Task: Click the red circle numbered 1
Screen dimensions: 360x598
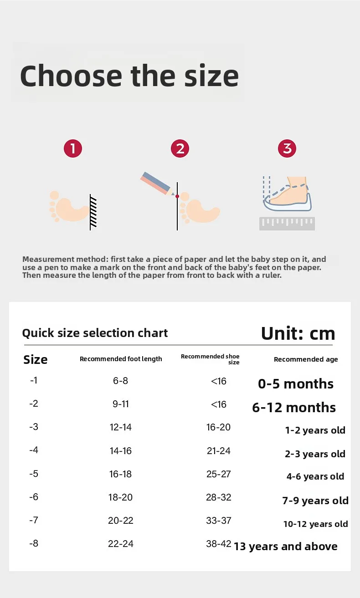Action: click(x=73, y=148)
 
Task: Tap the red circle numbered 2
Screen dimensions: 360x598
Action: click(x=180, y=148)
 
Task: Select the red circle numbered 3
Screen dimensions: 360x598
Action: click(x=287, y=148)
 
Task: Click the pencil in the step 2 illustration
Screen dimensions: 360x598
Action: click(x=158, y=184)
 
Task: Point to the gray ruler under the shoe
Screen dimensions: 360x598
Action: click(x=287, y=224)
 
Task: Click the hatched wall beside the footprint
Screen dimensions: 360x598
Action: click(x=93, y=212)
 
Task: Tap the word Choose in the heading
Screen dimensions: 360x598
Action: click(x=71, y=76)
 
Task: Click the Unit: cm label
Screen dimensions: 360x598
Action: click(x=298, y=334)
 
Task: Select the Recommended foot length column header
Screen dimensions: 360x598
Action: click(x=121, y=359)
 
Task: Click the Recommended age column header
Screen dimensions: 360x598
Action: click(x=306, y=359)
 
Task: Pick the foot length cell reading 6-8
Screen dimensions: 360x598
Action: click(x=120, y=381)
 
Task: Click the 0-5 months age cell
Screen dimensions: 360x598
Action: click(x=296, y=384)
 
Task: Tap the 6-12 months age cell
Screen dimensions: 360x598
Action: click(x=294, y=408)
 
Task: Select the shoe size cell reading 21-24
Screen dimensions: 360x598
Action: click(x=218, y=451)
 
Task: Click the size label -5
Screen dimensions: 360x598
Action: click(x=34, y=474)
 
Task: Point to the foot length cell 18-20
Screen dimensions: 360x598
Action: click(x=120, y=497)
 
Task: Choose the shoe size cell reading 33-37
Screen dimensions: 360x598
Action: click(x=218, y=521)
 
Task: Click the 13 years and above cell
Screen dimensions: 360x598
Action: click(x=285, y=547)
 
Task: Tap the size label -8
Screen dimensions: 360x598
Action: click(x=34, y=543)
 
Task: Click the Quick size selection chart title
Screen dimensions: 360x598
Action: click(x=95, y=333)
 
